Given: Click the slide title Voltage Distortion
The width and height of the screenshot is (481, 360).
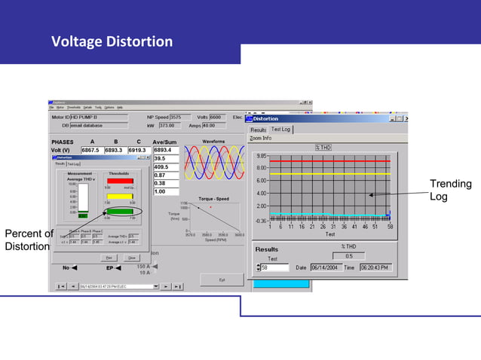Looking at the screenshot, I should (x=112, y=41).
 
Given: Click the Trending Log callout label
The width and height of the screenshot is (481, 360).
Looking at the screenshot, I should (x=450, y=190).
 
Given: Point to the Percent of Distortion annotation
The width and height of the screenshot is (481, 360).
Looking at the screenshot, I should (x=28, y=239).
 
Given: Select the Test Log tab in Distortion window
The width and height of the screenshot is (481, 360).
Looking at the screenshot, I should (x=281, y=129).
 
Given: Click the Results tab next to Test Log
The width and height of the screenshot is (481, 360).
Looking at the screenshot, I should (x=259, y=130).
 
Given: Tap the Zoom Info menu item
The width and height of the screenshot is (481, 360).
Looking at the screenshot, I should (x=261, y=138).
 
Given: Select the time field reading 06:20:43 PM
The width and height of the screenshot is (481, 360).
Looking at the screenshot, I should (x=375, y=267).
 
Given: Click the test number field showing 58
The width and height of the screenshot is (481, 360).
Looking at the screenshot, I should (x=274, y=267).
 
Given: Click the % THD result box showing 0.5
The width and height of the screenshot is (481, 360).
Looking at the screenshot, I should (x=348, y=256).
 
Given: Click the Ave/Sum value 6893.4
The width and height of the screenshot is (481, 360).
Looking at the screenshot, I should (x=164, y=150).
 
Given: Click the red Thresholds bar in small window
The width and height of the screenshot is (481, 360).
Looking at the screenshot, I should (x=119, y=181).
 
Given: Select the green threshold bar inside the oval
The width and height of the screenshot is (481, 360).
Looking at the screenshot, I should (x=119, y=212).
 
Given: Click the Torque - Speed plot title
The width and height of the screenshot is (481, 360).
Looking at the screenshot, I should (x=213, y=199).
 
